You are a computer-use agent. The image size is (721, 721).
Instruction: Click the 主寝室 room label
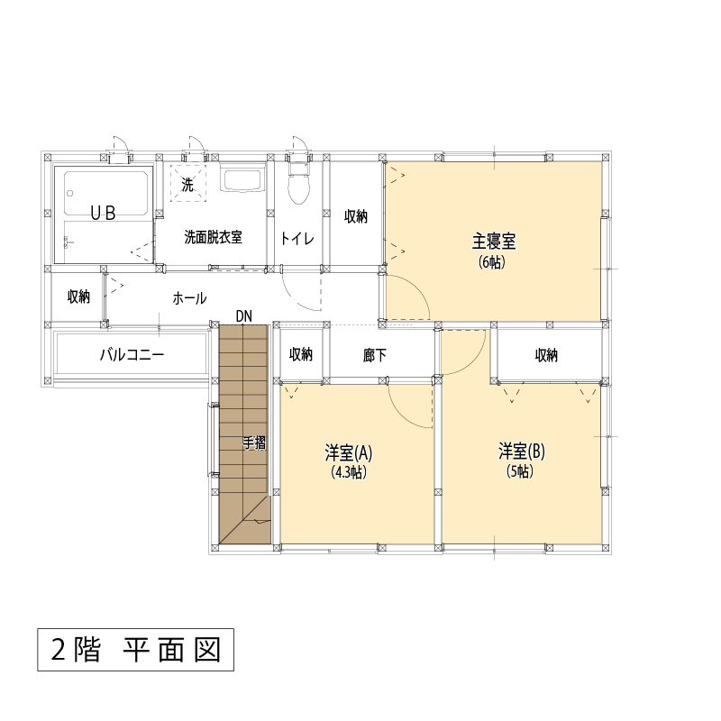pyautogui.click(x=494, y=242)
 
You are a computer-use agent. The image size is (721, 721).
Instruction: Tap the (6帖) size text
pyautogui.click(x=492, y=262)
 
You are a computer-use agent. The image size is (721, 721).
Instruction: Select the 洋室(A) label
pyautogui.click(x=349, y=453)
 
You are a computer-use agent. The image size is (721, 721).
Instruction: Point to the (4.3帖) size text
pyautogui.click(x=349, y=472)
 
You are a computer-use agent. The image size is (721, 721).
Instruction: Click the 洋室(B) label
pyautogui.click(x=522, y=452)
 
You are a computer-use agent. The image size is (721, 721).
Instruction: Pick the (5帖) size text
pyautogui.click(x=520, y=471)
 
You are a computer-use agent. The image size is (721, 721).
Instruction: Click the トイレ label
pyautogui.click(x=297, y=239)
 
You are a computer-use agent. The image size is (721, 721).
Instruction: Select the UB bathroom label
pyautogui.click(x=103, y=213)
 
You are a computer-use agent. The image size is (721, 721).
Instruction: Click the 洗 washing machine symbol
pyautogui.click(x=187, y=183)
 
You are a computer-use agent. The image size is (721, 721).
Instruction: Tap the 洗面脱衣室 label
pyautogui.click(x=213, y=237)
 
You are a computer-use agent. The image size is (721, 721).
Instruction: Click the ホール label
pyautogui.click(x=189, y=298)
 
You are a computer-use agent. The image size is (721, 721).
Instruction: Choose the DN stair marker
pyautogui.click(x=243, y=316)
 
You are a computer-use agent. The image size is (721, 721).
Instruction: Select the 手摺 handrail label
pyautogui.click(x=254, y=443)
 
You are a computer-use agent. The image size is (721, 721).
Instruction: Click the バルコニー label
pyautogui.click(x=132, y=355)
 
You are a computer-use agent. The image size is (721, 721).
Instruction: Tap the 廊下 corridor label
pyautogui.click(x=374, y=355)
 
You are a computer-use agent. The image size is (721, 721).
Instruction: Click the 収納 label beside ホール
pyautogui.click(x=78, y=297)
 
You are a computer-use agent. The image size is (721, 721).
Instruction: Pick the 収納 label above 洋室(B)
pyautogui.click(x=546, y=355)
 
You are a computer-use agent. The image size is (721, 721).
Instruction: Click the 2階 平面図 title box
pyautogui.click(x=136, y=650)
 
